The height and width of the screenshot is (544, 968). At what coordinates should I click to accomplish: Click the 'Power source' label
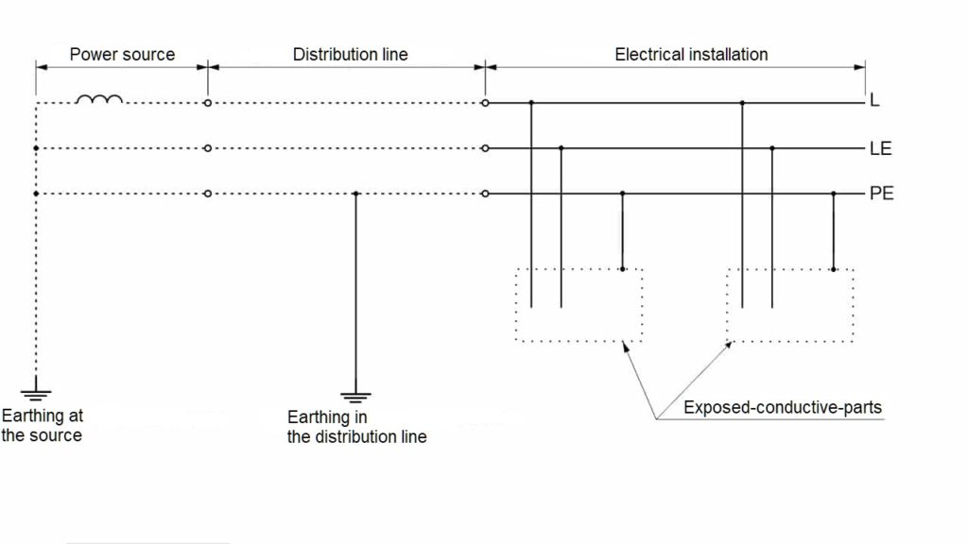pos(122,54)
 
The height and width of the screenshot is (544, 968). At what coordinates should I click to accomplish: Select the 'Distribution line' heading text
pos(350,54)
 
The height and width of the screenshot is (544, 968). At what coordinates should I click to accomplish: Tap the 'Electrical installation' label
pos(691,54)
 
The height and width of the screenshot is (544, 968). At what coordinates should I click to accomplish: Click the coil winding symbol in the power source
pos(98,99)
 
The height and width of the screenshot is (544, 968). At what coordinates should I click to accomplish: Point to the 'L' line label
pos(874,101)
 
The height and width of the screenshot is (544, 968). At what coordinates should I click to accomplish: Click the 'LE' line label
pos(880,148)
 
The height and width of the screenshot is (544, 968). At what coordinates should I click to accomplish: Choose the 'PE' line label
pos(881,195)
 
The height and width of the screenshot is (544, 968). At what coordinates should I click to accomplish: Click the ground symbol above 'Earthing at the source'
pos(35,392)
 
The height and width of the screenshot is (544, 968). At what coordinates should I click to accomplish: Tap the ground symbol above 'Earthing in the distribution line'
pos(355,397)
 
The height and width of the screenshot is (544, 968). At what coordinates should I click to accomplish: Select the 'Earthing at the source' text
pos(42,425)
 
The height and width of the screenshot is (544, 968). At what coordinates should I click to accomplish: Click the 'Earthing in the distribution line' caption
pos(356,427)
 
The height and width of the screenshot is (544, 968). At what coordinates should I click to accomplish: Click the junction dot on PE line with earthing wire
pos(355,195)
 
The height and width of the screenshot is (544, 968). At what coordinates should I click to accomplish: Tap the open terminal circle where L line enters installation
pos(485,102)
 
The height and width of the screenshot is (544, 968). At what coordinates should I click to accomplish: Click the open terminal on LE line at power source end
pos(208,148)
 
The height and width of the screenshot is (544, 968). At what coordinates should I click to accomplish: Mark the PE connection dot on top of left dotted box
pos(622,269)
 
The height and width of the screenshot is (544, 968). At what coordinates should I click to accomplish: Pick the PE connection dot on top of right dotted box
pos(833,269)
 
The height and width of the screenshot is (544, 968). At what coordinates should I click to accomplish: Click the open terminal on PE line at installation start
pos(485,195)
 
